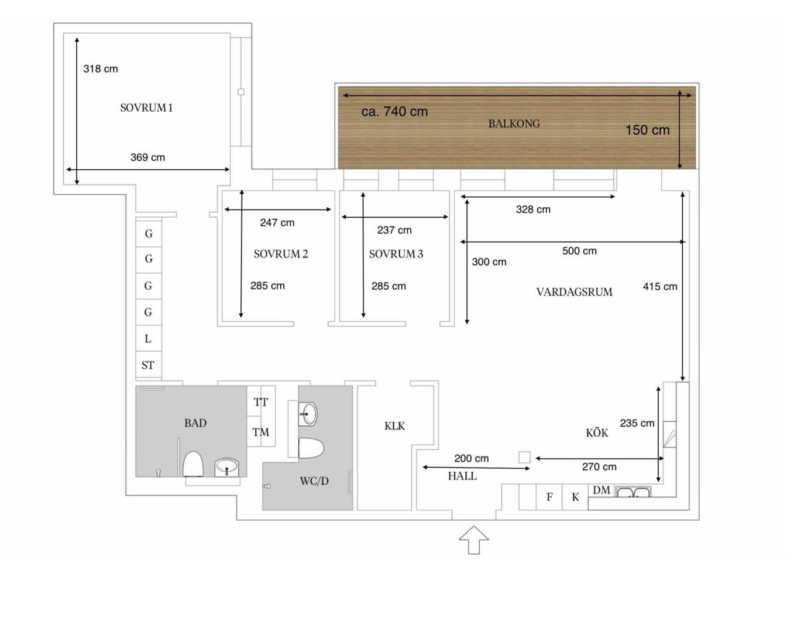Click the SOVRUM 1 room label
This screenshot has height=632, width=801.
pyautogui.click(x=146, y=108)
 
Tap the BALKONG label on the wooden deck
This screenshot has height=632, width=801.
pyautogui.click(x=514, y=123)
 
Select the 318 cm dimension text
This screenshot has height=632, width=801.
pyautogui.click(x=101, y=69)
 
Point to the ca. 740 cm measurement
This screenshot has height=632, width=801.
pyautogui.click(x=394, y=111)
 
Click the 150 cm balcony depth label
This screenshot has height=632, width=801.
pyautogui.click(x=647, y=130)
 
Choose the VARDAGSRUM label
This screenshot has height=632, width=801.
pyautogui.click(x=575, y=292)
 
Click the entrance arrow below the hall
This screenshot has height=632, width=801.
pyautogui.click(x=473, y=540)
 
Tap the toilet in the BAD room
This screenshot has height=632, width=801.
pyautogui.click(x=193, y=464)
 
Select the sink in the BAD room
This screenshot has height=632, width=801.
pyautogui.click(x=226, y=467)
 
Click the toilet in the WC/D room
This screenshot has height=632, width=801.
pyautogui.click(x=311, y=448)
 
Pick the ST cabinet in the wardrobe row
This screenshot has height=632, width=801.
pyautogui.click(x=148, y=365)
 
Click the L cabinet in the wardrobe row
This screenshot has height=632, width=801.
pyautogui.click(x=148, y=339)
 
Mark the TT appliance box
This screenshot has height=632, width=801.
pyautogui.click(x=260, y=401)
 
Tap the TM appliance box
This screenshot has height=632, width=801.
pyautogui.click(x=260, y=432)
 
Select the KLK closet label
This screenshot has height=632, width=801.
pyautogui.click(x=394, y=426)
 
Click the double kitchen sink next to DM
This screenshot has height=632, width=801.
pyautogui.click(x=632, y=492)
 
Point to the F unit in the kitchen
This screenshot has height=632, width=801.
pyautogui.click(x=549, y=497)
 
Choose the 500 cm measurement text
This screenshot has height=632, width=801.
pyautogui.click(x=579, y=251)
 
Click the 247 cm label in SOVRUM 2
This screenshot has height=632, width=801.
pyautogui.click(x=277, y=223)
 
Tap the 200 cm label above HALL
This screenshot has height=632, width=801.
pyautogui.click(x=471, y=458)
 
